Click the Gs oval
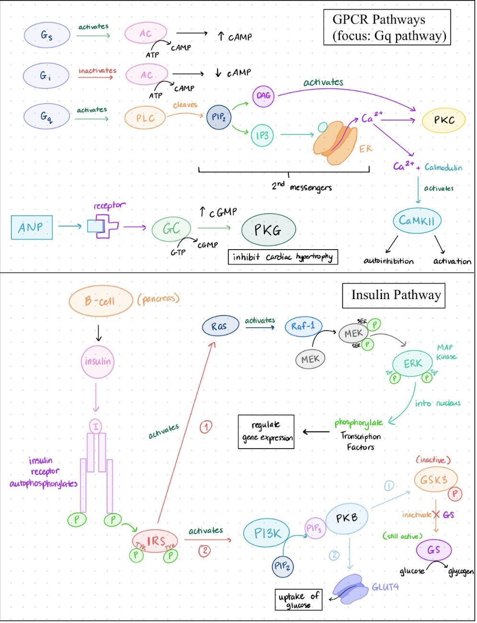(x=46, y=35)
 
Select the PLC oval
(x=145, y=118)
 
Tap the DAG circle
(x=263, y=96)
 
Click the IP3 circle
(x=262, y=136)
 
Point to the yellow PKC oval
(x=444, y=120)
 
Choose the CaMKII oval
(x=417, y=220)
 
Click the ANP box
(x=32, y=227)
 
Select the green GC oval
(x=171, y=229)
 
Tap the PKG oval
(x=268, y=230)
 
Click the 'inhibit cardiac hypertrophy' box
(x=283, y=257)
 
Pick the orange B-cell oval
(x=100, y=301)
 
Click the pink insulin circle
(x=98, y=361)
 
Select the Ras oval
(x=220, y=326)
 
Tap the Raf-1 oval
(x=304, y=326)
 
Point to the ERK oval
(x=413, y=364)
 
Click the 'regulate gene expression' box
(x=266, y=432)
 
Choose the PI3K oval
(x=267, y=533)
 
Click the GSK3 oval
(x=434, y=480)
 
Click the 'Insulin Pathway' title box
(x=394, y=295)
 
